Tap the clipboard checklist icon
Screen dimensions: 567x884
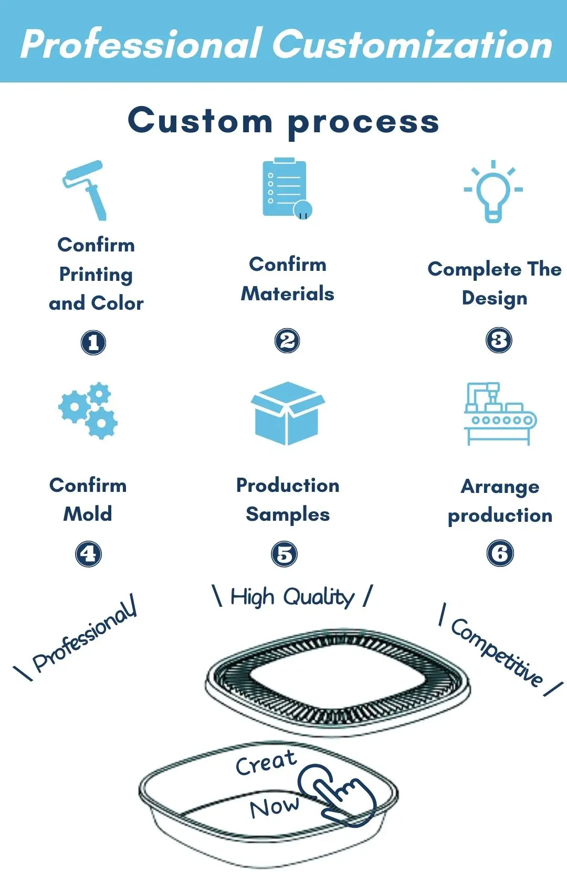click(286, 188)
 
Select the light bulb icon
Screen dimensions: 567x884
click(493, 191)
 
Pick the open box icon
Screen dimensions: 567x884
click(287, 413)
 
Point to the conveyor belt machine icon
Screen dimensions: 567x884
click(499, 414)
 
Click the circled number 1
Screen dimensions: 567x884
click(93, 343)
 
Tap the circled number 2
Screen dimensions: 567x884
click(287, 341)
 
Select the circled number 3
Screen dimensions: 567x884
click(499, 340)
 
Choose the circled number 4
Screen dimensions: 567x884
click(88, 554)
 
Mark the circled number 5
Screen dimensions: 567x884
click(285, 554)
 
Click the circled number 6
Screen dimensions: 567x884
click(500, 553)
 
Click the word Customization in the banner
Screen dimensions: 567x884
click(412, 44)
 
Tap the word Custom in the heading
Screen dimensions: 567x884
click(200, 120)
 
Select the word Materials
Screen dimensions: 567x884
click(288, 293)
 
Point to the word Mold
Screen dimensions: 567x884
click(88, 513)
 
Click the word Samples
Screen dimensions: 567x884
click(288, 514)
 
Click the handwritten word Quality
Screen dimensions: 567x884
click(319, 597)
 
